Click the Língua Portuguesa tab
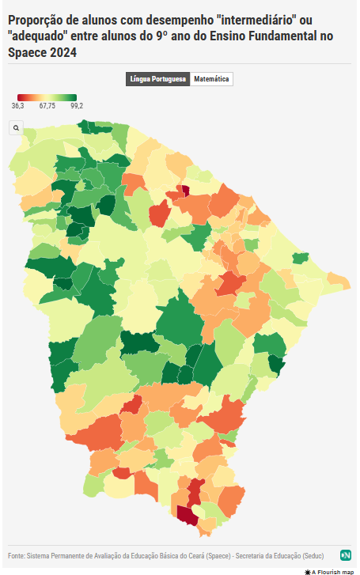coord(158,79)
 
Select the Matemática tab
coord(211,79)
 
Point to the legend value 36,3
coord(18,105)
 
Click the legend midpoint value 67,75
coord(47,105)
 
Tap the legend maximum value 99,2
coord(77,105)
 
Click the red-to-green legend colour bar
coord(47,97)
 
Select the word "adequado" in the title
coord(40,36)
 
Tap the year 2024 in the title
coord(63,52)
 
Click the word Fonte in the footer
coord(16,554)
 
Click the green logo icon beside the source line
coord(346,554)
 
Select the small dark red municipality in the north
coord(185,190)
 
